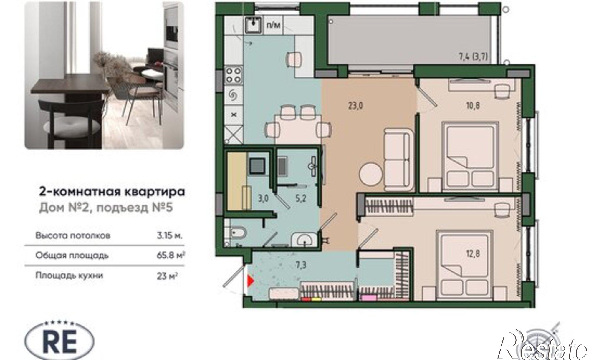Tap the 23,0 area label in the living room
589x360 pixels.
(356, 105)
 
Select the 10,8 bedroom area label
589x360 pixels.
(473, 105)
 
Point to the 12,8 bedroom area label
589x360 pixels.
(473, 253)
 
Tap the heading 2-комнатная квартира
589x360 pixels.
(112, 192)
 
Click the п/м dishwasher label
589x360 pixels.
(273, 25)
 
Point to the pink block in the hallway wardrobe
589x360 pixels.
(369, 298)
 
